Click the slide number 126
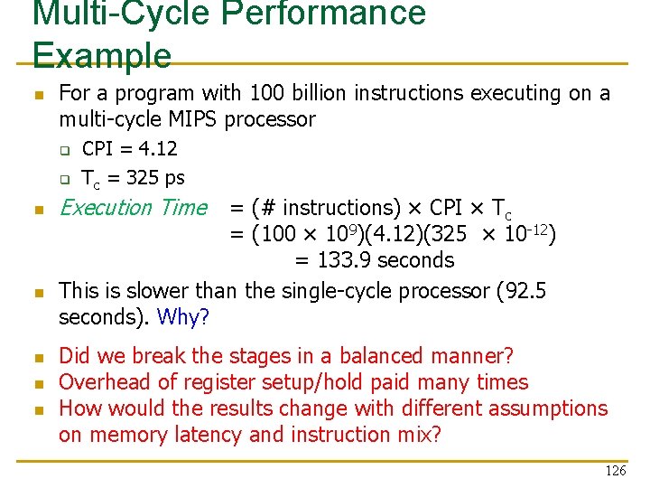615,471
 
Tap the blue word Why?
183,317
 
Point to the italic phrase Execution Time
133,208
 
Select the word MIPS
189,119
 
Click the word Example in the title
101,55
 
